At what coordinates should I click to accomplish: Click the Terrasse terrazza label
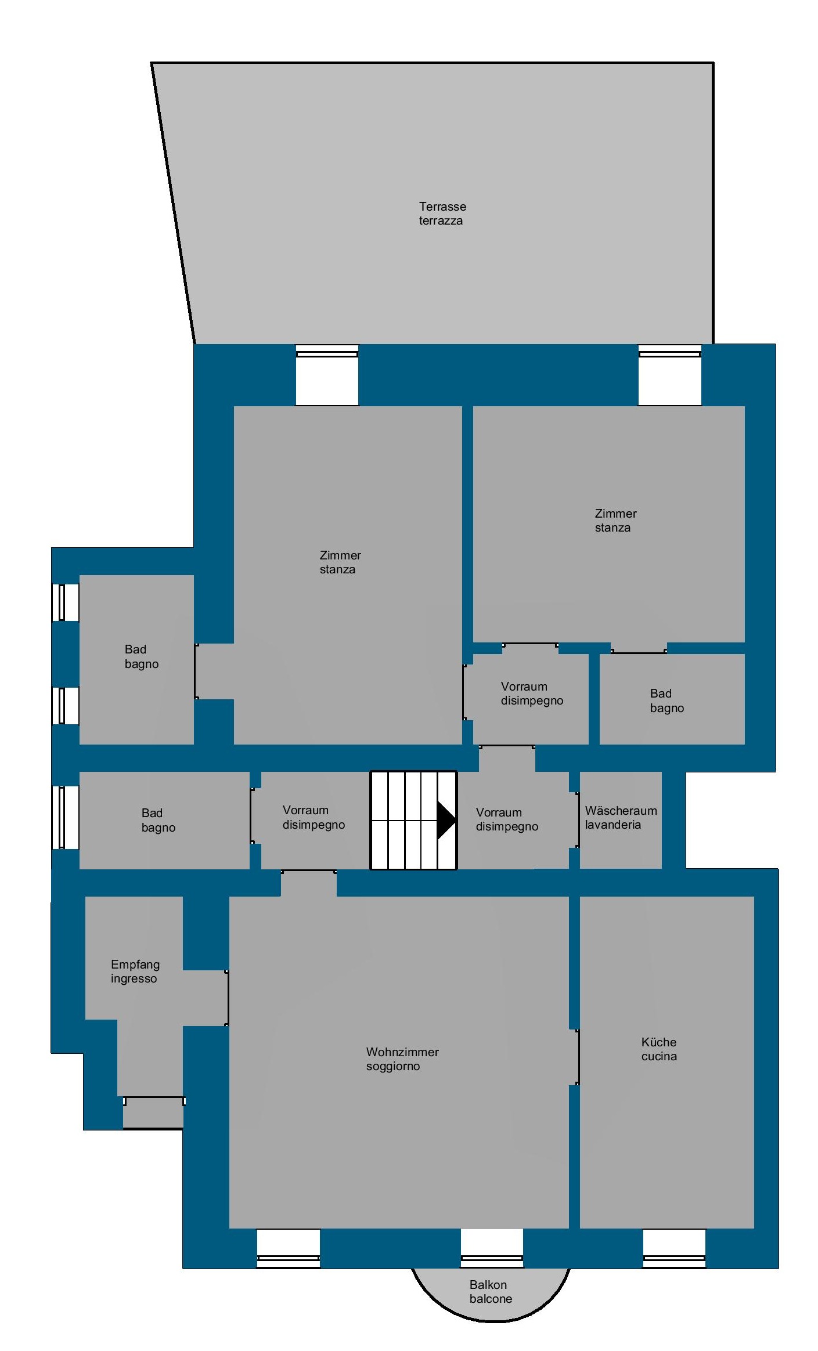[x=442, y=214]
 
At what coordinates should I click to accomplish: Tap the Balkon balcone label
[x=491, y=1292]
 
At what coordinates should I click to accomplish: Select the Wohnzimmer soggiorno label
[x=402, y=1059]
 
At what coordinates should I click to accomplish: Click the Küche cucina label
[x=659, y=1049]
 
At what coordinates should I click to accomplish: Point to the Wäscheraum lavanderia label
[x=621, y=818]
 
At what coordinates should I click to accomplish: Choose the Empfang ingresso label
[x=135, y=971]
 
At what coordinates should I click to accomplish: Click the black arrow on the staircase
[x=446, y=820]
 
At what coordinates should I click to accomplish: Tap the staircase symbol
[x=413, y=820]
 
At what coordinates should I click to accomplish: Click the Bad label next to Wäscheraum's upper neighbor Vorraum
[x=667, y=700]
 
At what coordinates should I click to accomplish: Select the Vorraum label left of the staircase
[x=313, y=817]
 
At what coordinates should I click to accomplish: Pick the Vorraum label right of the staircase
[x=507, y=819]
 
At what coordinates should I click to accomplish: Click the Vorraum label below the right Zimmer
[x=532, y=693]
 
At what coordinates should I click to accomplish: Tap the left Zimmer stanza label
[x=340, y=562]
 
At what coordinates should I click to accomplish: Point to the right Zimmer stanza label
[x=615, y=521]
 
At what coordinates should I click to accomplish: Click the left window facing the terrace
[x=327, y=375]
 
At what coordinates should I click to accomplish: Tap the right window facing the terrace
[x=670, y=375]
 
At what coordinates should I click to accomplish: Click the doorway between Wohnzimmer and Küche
[x=574, y=1057]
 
